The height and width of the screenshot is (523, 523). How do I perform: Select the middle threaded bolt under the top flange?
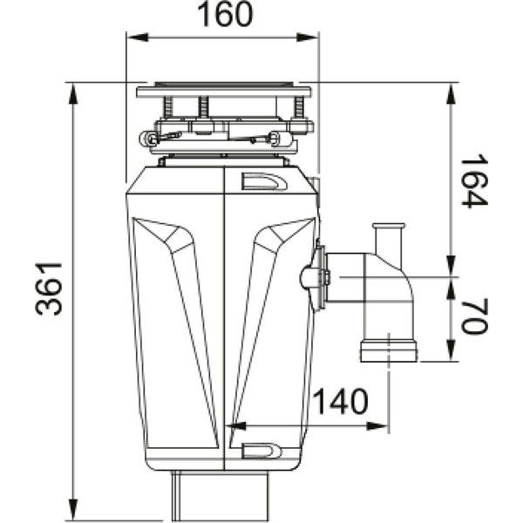tap(203, 107)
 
